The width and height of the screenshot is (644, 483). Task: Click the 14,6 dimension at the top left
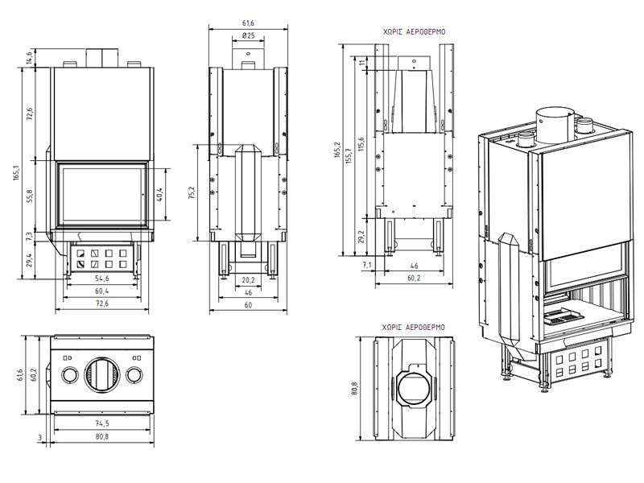pos(29,56)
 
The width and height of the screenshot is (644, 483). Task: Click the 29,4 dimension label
pos(30,260)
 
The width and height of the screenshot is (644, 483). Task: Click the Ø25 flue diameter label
pos(248,36)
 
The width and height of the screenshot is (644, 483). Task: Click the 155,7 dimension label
pos(348,155)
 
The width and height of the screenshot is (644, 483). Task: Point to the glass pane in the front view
pos(102,194)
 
